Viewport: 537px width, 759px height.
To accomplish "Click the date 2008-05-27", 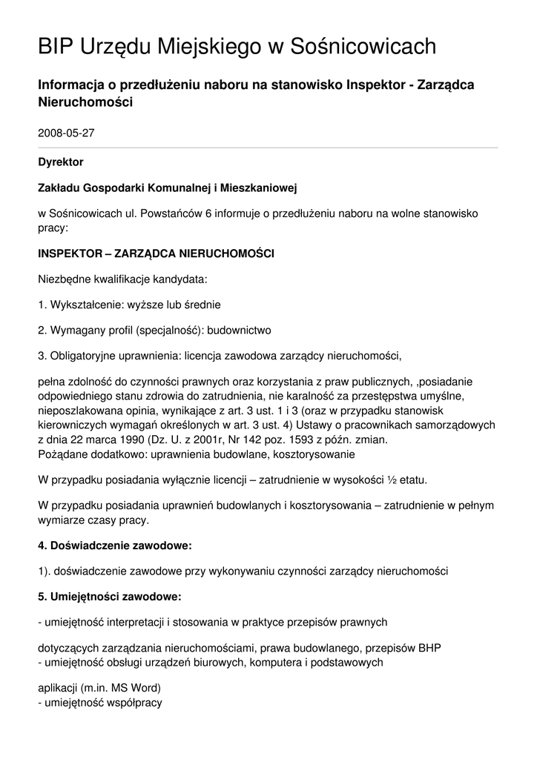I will point(66,133).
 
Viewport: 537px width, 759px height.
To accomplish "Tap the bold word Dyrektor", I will point(61,162).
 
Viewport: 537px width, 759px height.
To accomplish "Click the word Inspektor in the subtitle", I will point(378,85).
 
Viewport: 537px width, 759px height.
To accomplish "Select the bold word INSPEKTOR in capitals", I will point(70,253).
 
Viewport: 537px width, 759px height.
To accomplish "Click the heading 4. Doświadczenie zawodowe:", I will point(115,546).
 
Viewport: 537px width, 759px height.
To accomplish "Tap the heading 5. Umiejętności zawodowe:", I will point(110,596).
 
